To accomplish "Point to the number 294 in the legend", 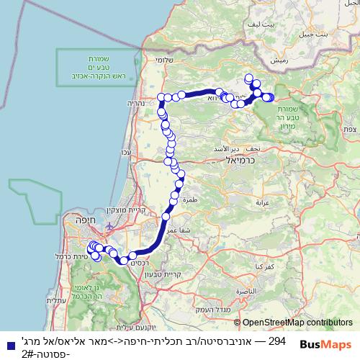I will click(x=277, y=341).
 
